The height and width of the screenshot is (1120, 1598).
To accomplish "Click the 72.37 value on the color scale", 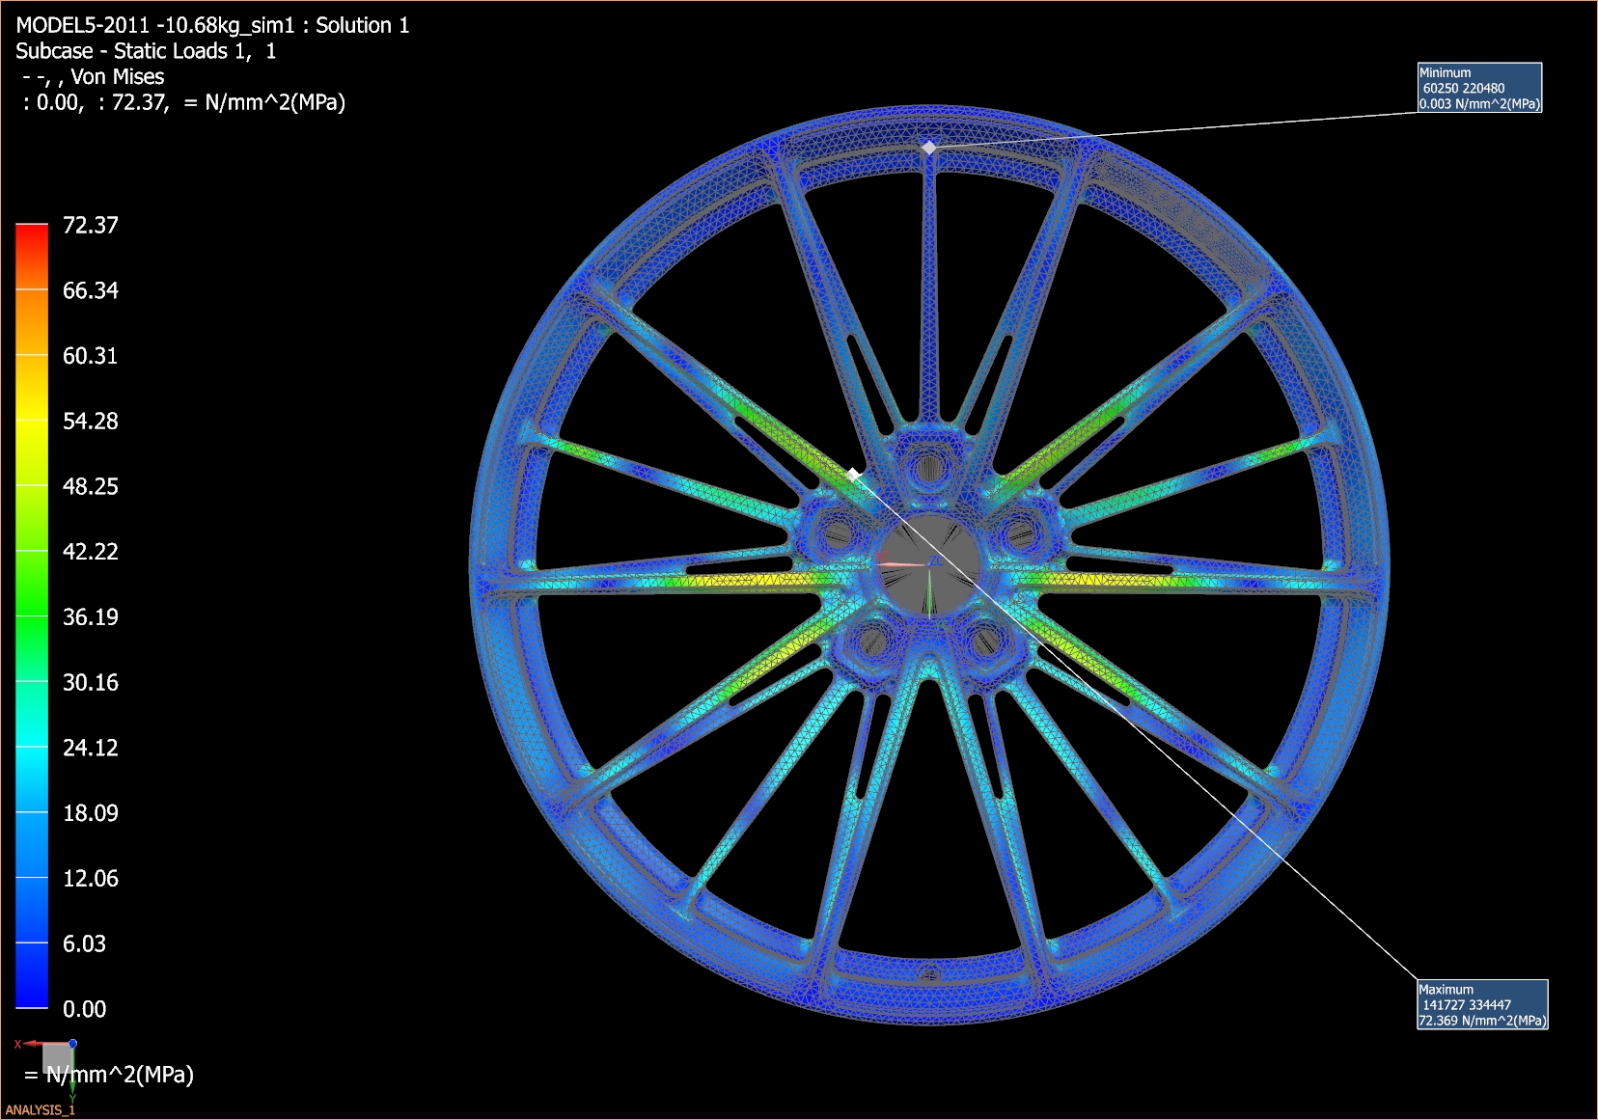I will [90, 226].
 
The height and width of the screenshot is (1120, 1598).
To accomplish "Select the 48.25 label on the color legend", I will [90, 486].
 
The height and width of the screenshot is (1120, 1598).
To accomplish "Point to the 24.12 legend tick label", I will [90, 748].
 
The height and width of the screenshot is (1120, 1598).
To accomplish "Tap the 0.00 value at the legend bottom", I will [84, 1009].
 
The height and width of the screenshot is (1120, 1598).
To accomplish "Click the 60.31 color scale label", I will [90, 356].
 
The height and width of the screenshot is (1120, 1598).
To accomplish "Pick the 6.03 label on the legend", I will [84, 943].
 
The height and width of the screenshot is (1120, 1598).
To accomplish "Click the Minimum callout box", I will [1478, 88].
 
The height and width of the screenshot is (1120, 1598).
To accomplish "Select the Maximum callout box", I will [1481, 1004].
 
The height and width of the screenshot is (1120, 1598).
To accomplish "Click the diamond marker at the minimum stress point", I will [928, 148].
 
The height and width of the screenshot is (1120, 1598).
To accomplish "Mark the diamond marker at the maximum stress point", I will [853, 475].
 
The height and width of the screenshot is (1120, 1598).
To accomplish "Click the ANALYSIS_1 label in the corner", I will [40, 1109].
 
